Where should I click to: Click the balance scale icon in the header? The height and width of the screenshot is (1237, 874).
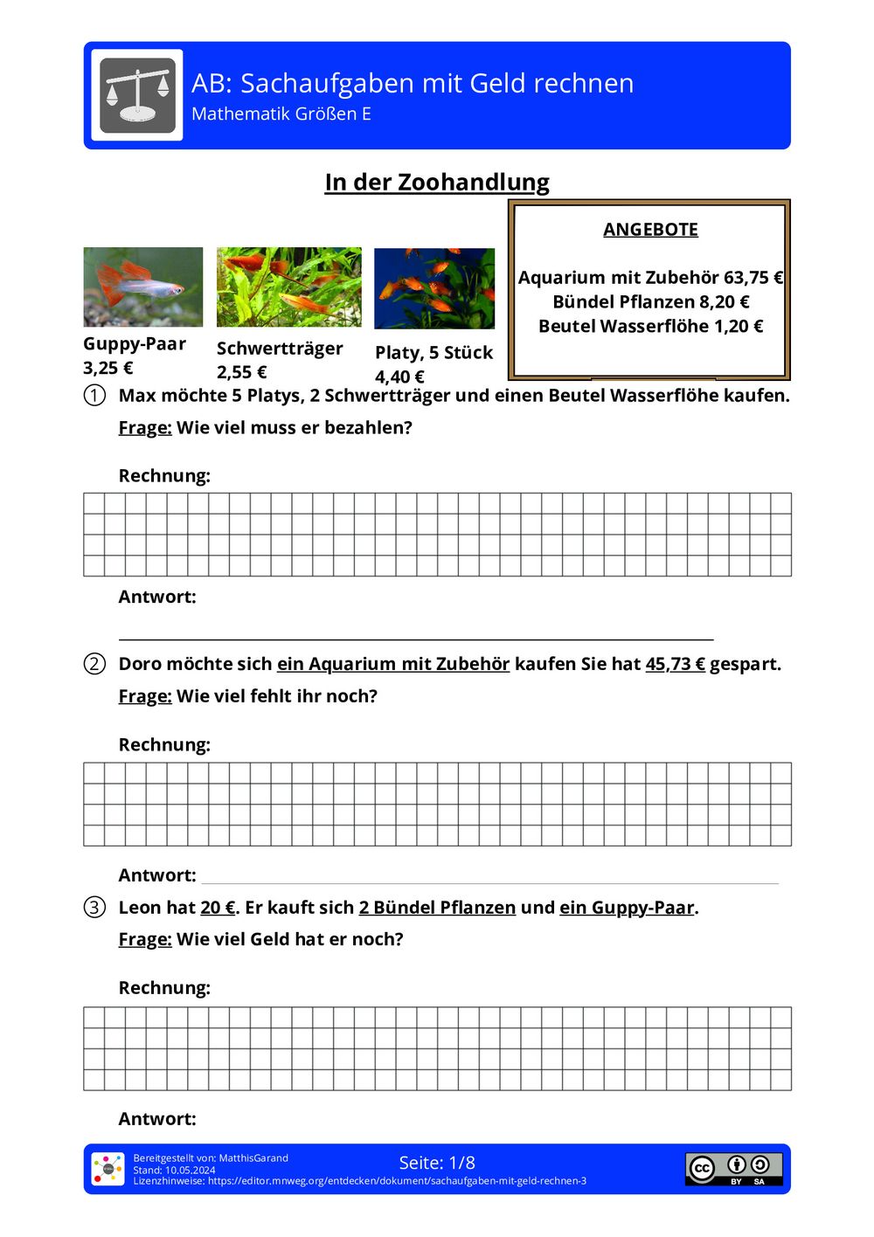[137, 94]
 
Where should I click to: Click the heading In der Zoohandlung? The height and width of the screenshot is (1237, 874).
[437, 183]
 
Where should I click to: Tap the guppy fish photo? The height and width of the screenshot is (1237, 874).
[143, 287]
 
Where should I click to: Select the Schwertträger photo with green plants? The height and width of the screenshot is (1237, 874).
[289, 287]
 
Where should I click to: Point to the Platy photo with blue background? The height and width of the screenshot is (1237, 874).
[434, 288]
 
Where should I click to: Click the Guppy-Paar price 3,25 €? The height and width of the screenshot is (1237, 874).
[108, 368]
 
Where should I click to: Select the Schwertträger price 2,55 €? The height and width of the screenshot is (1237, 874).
[242, 372]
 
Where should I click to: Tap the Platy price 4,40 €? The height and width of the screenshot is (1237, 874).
[399, 377]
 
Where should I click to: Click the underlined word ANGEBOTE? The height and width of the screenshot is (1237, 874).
[650, 230]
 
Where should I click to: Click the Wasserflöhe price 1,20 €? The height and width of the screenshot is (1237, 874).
[739, 327]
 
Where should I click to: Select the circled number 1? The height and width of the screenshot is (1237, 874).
[94, 396]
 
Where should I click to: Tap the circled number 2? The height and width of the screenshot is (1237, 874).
[94, 664]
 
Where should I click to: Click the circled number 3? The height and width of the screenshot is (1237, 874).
[94, 908]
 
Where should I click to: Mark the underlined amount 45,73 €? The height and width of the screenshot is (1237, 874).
[675, 664]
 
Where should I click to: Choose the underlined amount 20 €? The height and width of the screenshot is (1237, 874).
[218, 908]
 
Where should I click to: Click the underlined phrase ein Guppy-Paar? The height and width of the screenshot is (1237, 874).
[627, 908]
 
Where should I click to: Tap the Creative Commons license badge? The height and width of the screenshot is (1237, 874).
[733, 1169]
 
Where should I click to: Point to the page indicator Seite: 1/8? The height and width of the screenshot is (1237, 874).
[437, 1163]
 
